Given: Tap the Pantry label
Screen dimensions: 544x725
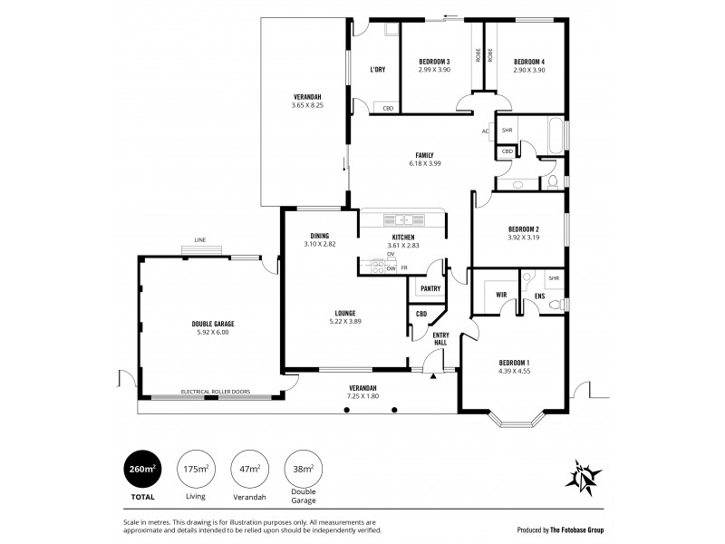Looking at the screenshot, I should click(430, 288).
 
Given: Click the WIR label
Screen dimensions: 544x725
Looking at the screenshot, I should click(500, 295).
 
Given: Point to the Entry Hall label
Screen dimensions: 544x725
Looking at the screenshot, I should click(440, 338).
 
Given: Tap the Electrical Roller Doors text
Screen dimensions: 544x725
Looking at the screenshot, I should click(216, 392).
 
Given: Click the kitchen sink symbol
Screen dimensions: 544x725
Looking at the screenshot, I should click(400, 219).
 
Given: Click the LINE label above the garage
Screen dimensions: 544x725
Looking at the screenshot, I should click(198, 240).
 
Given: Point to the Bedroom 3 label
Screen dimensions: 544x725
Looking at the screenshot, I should click(434, 62).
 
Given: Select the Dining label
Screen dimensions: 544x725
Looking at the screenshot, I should click(319, 237).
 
